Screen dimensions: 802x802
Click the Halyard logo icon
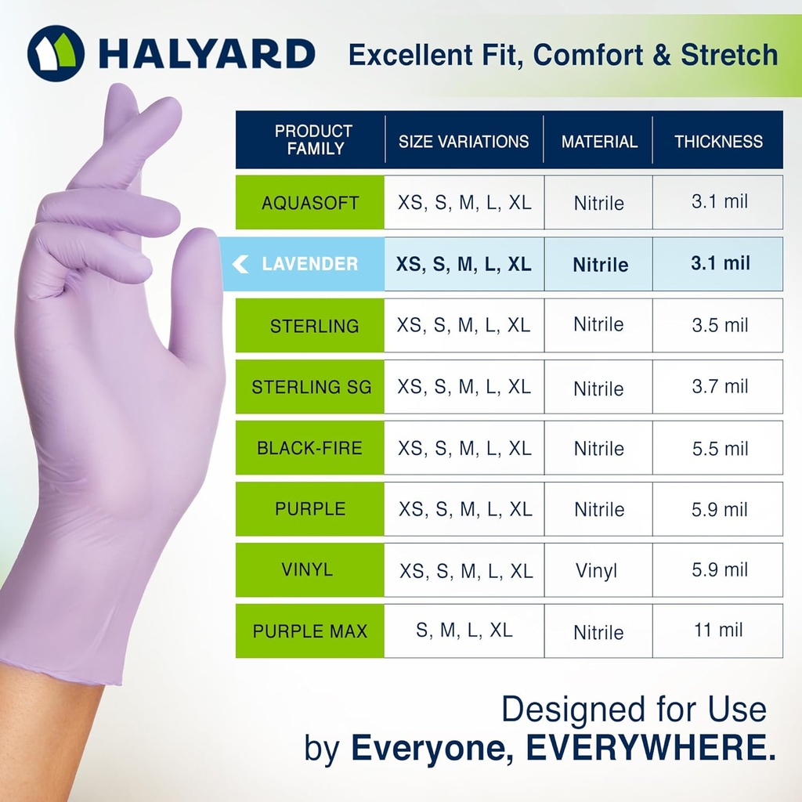coord(56,53)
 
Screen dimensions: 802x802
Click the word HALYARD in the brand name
coord(207,54)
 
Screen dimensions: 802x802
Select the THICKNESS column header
coord(718,141)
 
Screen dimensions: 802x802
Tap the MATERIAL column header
coord(599,142)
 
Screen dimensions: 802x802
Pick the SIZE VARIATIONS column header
coord(464,142)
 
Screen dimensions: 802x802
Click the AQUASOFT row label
coord(310,203)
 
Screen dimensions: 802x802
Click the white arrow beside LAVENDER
coord(240,265)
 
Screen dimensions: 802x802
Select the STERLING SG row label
coord(311,387)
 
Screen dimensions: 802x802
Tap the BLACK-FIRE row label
coord(310,448)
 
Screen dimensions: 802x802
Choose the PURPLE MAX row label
coord(310,631)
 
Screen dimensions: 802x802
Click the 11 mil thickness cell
coord(718,630)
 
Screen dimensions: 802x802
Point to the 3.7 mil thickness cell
coord(719,386)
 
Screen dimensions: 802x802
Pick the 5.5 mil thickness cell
coord(719,448)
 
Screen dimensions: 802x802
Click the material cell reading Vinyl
coord(597,570)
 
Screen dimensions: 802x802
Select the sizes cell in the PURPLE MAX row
coord(464,630)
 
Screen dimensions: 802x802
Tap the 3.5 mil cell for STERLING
coord(719,325)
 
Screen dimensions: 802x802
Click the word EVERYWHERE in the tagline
coord(646,749)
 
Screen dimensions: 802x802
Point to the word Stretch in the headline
coord(729,56)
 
